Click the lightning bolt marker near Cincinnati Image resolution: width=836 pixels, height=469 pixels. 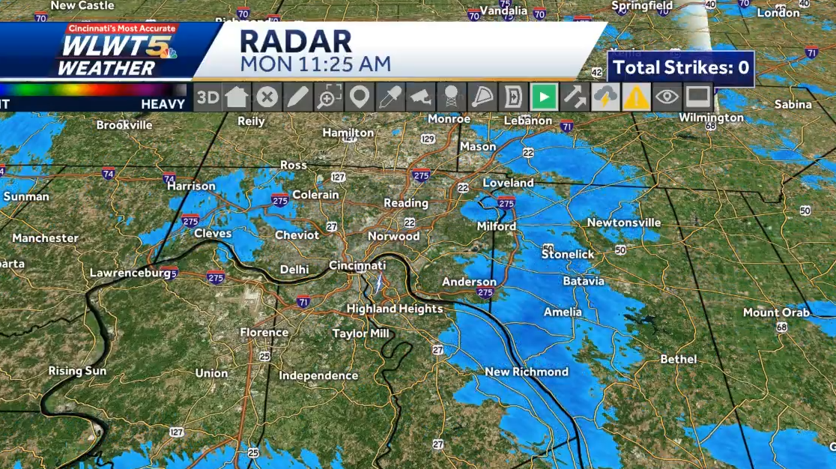click(379, 284)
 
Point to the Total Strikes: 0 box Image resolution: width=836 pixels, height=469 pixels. click(680, 68)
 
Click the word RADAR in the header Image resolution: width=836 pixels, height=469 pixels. click(296, 42)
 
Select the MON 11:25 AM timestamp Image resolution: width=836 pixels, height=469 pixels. click(315, 64)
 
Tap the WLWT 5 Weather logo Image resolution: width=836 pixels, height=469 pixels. click(112, 51)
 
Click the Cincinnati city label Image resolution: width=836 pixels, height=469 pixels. click(357, 266)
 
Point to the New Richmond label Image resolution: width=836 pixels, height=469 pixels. click(526, 372)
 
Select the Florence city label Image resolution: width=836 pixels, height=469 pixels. click(264, 332)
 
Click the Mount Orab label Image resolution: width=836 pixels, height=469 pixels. click(776, 312)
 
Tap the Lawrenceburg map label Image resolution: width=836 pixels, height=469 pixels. click(130, 273)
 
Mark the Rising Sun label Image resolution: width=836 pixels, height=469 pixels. click(77, 371)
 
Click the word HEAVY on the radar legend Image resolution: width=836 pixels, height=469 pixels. click(163, 104)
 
